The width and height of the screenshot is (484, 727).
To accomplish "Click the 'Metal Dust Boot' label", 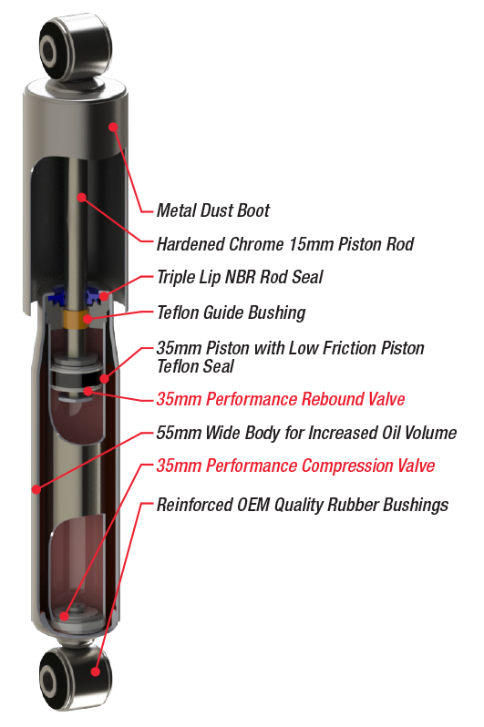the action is tap(213, 210).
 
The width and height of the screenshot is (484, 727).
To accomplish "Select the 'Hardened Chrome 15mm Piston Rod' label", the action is tap(285, 244).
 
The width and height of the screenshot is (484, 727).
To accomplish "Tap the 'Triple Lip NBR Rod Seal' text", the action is tap(240, 277).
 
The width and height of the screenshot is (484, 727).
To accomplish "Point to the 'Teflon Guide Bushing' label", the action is tap(232, 312).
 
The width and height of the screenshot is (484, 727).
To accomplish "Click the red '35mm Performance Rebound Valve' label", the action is tap(281, 399).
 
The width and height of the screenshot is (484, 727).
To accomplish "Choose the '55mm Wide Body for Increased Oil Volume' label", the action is tap(306, 433).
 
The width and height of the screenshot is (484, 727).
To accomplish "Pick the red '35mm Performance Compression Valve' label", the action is tap(295, 466).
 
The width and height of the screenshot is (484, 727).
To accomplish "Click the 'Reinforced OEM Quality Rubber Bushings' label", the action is tap(303, 505).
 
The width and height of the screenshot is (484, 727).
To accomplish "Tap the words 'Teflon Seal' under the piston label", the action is tap(195, 366).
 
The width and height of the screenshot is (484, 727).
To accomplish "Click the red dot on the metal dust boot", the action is tap(113, 127).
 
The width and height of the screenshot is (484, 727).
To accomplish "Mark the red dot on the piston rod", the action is tap(82, 198).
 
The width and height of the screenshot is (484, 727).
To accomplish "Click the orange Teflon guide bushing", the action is tap(77, 319).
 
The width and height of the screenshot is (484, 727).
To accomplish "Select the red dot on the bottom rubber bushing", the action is tap(96, 671).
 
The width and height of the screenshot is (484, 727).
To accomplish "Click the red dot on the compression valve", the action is tap(65, 616).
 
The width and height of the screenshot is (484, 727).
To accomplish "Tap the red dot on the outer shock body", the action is tap(36, 488).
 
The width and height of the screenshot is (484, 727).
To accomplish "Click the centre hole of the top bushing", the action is tap(47, 48).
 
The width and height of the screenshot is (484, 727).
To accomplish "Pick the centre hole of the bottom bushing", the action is tap(48, 681).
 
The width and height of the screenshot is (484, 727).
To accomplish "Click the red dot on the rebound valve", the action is tap(88, 392).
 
